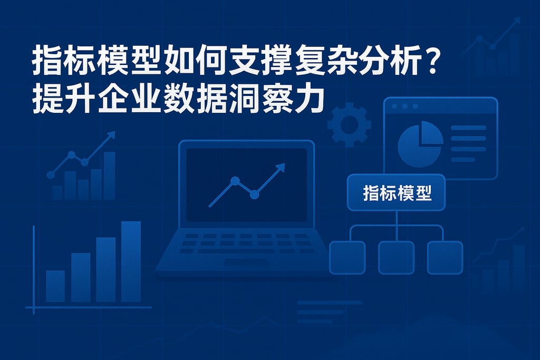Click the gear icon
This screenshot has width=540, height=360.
click(x=349, y=124)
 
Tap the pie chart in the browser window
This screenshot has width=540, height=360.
click(x=420, y=144)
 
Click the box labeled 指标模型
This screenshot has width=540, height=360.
click(x=397, y=193)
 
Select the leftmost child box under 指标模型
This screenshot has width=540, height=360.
click(x=347, y=257)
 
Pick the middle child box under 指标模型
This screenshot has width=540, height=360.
click(x=397, y=257)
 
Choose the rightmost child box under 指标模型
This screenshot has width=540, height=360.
click(x=445, y=257)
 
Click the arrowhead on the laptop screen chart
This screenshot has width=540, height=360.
click(x=279, y=168)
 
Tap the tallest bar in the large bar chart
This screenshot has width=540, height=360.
click(x=131, y=261)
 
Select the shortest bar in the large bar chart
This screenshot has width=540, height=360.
click(x=55, y=286)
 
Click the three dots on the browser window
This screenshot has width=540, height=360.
click(x=405, y=106)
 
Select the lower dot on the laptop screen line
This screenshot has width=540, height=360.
click(x=254, y=195)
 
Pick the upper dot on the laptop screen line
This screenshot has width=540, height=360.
click(x=235, y=181)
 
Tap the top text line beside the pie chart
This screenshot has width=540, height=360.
click(x=468, y=128)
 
